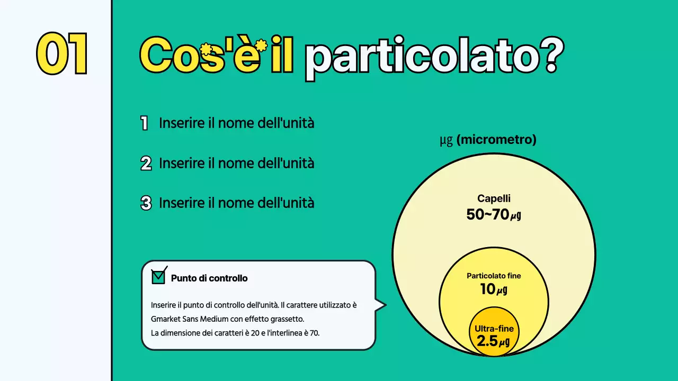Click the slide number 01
(x=62, y=55)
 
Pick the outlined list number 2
(x=146, y=164)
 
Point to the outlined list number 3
(x=146, y=203)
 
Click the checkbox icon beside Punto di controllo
(x=158, y=276)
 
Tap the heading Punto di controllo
(x=209, y=278)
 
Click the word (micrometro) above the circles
(x=496, y=140)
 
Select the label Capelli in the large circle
(x=494, y=199)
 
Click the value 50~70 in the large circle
(x=487, y=214)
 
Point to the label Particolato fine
(x=494, y=276)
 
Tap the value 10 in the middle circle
(x=487, y=289)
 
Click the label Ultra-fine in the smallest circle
(x=494, y=329)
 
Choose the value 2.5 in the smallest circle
(x=487, y=341)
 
